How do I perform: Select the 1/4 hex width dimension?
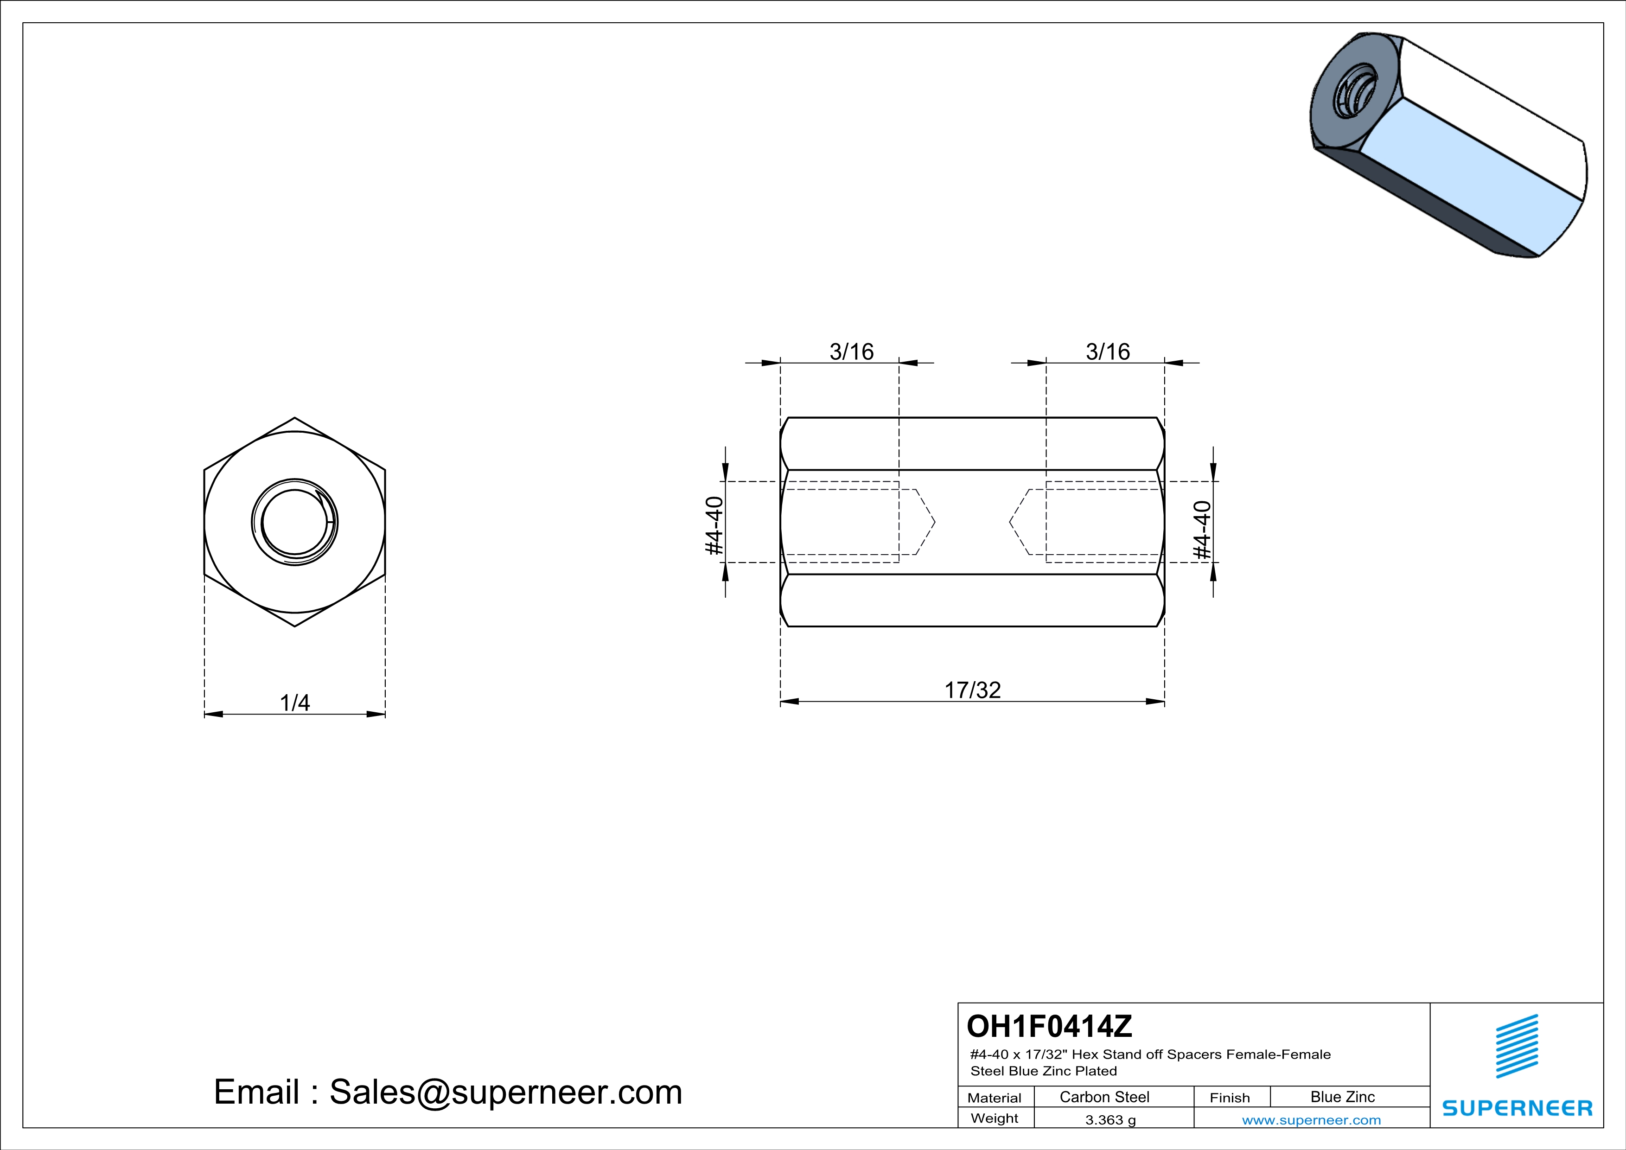(294, 703)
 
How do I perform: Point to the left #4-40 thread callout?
(714, 525)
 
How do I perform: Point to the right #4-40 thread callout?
(1203, 529)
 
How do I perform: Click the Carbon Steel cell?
(1104, 1097)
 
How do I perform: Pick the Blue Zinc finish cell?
(1342, 1097)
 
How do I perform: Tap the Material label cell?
(995, 1098)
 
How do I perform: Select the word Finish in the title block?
(1230, 1098)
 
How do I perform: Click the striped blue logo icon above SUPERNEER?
(1516, 1047)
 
